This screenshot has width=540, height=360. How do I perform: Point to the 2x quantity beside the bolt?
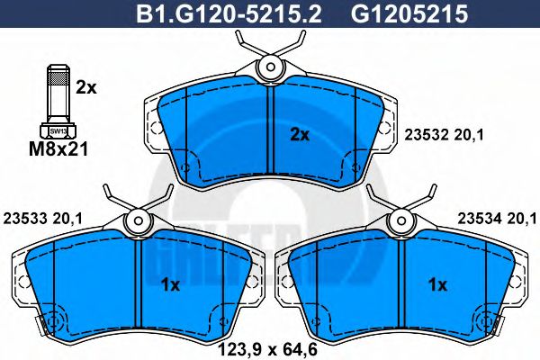point(86,87)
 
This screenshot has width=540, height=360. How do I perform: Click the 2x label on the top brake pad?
point(299,135)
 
